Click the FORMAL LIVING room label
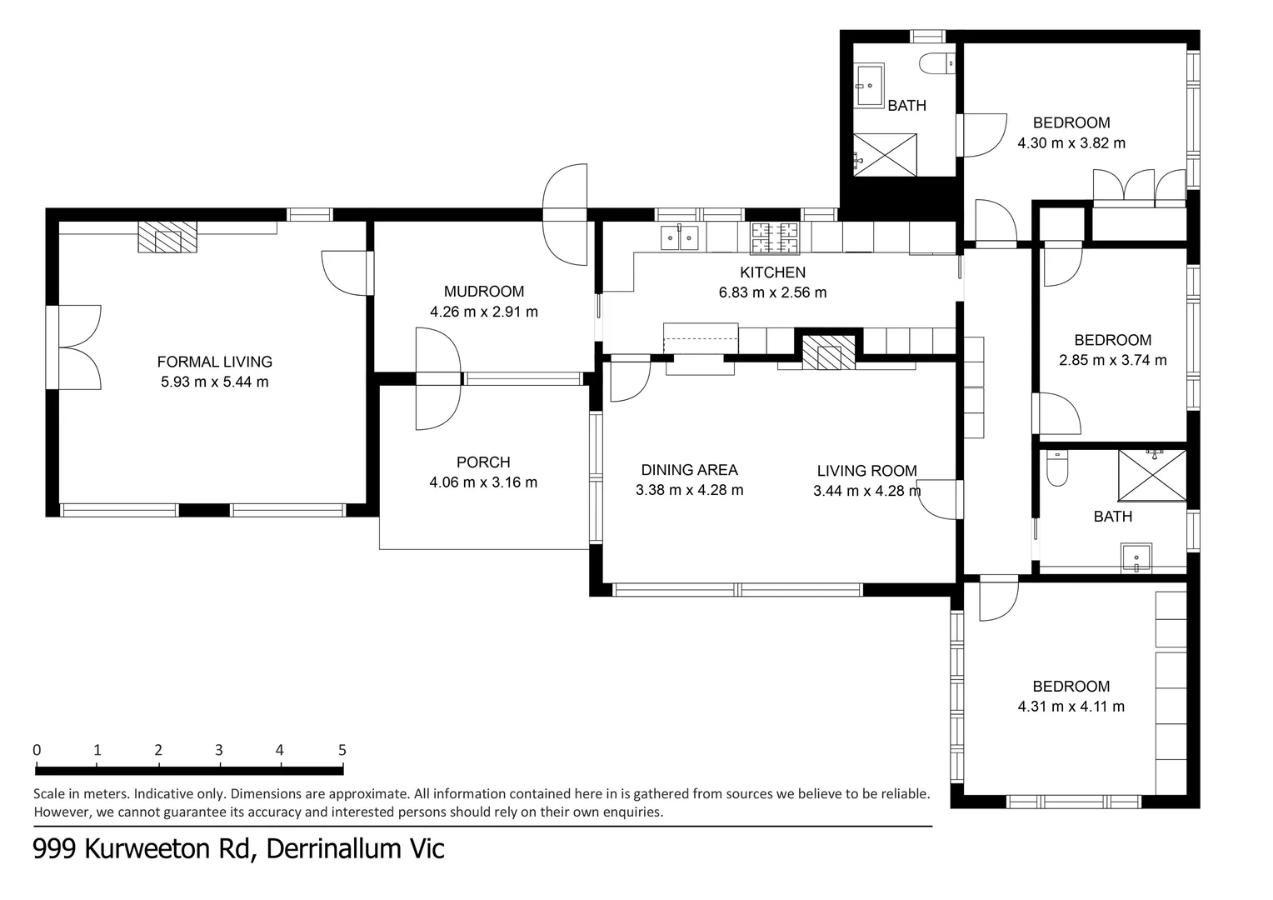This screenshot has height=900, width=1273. coord(214,362)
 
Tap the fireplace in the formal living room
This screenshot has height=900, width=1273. coord(167,237)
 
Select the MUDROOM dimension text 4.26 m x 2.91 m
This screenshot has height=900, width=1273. coord(483,312)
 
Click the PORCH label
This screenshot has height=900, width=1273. coord(483,462)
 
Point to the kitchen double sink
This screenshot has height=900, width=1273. coord(679,237)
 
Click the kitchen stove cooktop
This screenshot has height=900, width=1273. coord(775,237)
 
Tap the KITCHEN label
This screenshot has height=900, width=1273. coord(772,272)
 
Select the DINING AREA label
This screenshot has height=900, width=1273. coord(689,470)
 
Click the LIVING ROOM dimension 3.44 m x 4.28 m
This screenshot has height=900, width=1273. coord(866,491)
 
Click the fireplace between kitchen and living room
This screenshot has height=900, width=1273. coord(828,352)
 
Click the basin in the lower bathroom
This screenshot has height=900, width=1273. coord(1136,557)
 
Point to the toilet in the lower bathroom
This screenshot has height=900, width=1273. coord(1056,468)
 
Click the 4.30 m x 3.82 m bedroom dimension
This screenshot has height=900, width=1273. coord(1071,143)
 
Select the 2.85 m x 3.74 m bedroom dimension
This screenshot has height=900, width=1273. coord(1112,360)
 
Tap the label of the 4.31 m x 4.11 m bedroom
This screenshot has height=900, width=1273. coord(1071,687)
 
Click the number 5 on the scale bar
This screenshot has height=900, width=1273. coord(342,749)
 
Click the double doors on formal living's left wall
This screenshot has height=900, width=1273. coord(77,347)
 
